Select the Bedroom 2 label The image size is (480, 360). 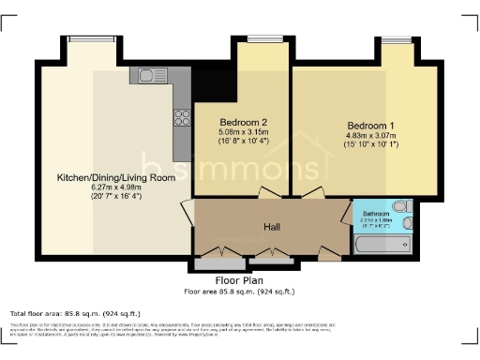click(x=244, y=122)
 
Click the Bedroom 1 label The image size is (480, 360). click(x=371, y=126)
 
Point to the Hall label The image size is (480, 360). click(x=273, y=227)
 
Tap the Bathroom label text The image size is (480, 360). click(x=377, y=215)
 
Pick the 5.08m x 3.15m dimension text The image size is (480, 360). click(x=244, y=132)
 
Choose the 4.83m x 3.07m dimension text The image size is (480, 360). click(x=371, y=136)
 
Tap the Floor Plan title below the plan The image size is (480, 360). click(x=239, y=279)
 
